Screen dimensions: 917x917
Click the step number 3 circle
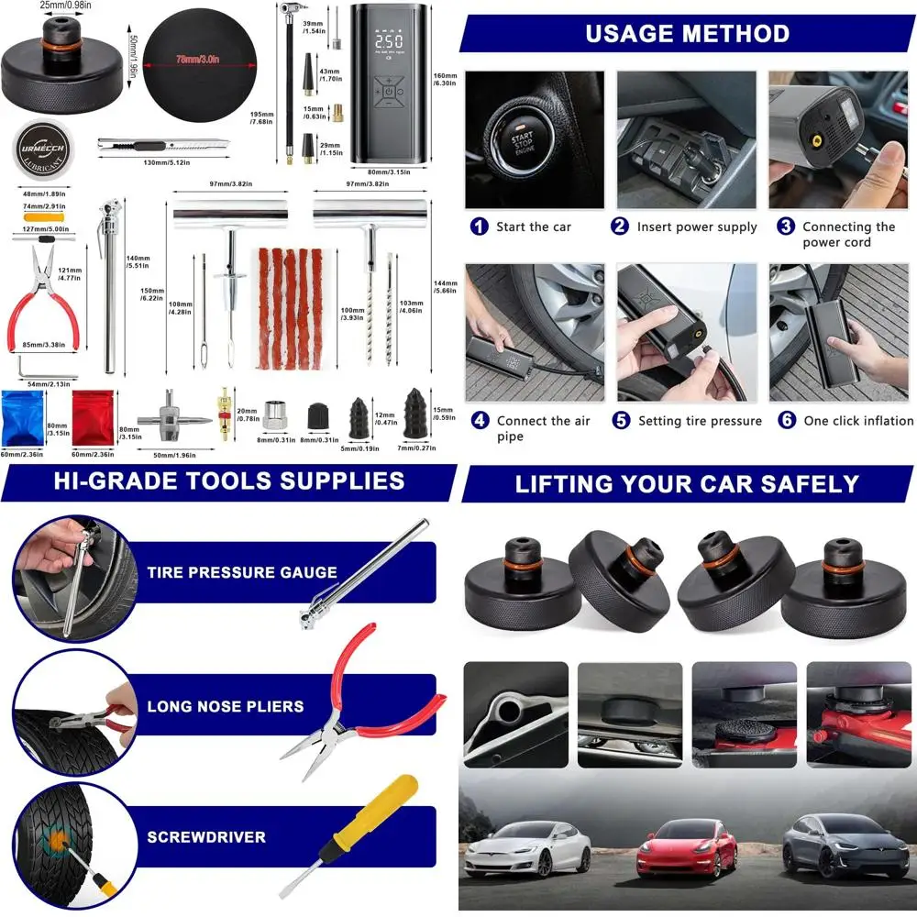coord(786,226)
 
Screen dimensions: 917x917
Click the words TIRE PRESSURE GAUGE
coord(242,572)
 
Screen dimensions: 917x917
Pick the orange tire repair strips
coord(286,308)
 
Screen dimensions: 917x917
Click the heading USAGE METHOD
coord(688,34)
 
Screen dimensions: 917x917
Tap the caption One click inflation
coord(857,421)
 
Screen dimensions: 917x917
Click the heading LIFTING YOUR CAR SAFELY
coord(687,484)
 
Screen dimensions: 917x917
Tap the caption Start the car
coord(535,226)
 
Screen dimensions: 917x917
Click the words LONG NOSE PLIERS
coord(225,707)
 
